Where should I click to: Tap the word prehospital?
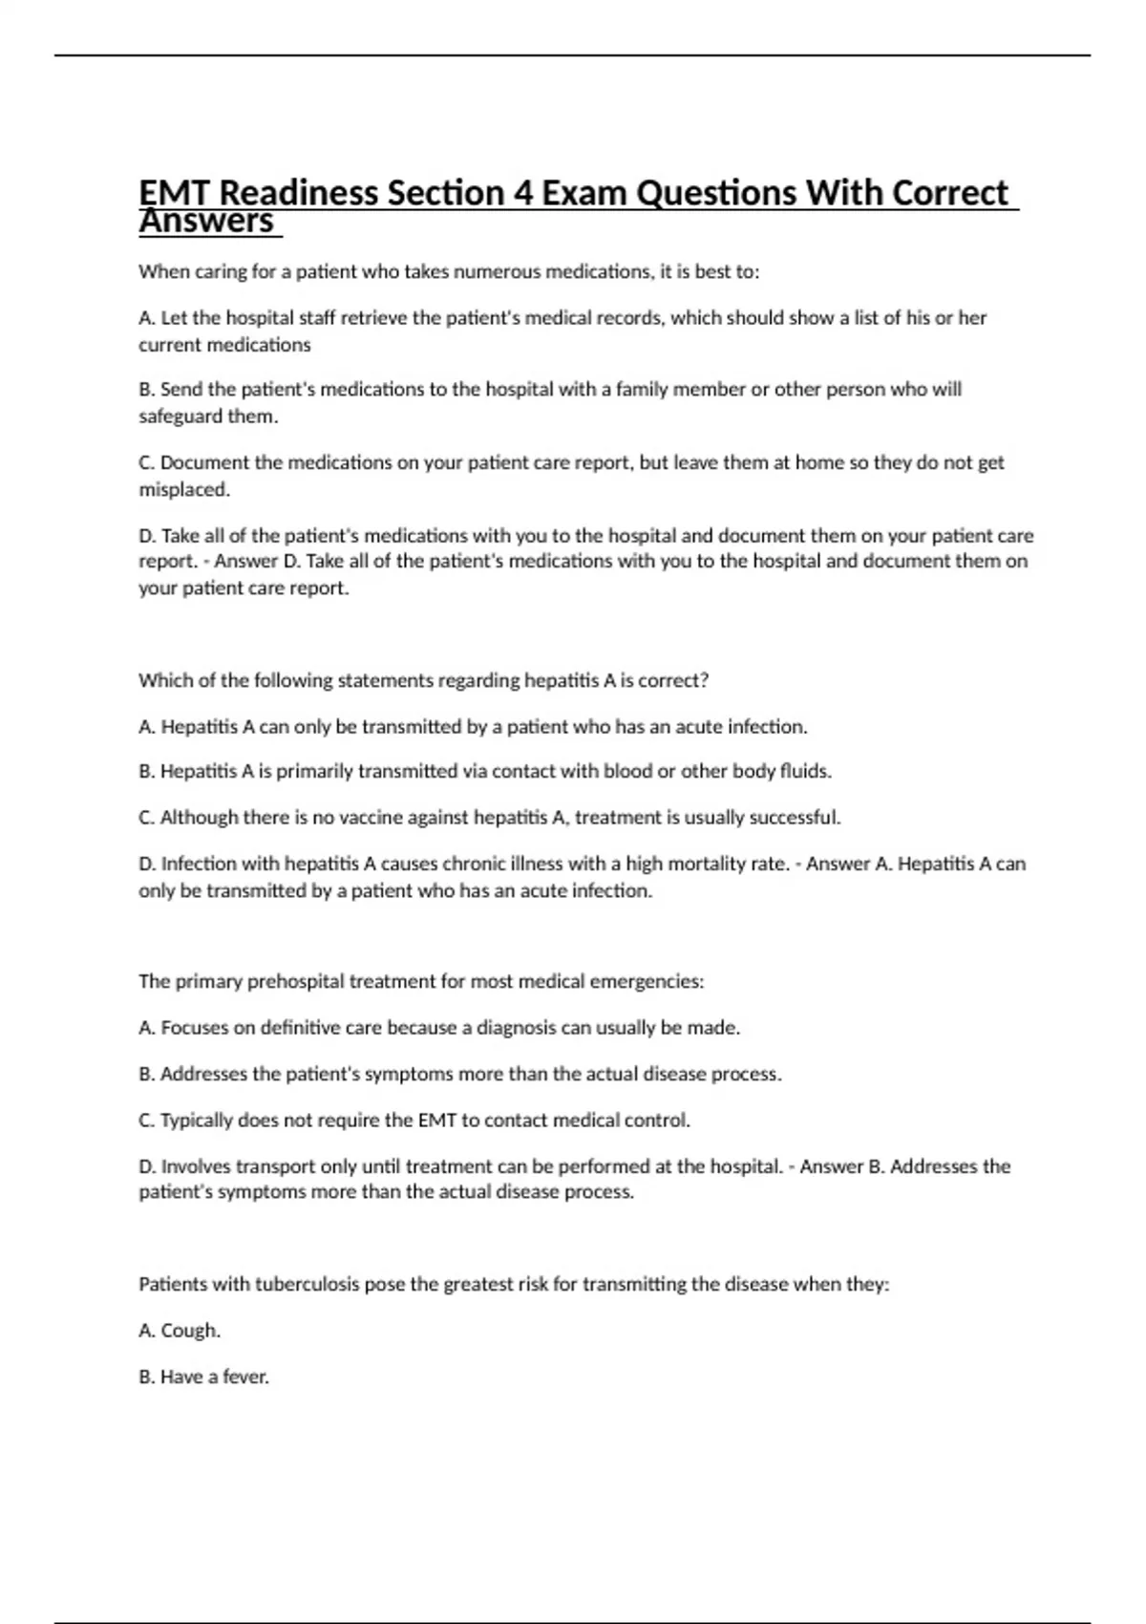(295, 981)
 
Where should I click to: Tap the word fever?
(245, 1378)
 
